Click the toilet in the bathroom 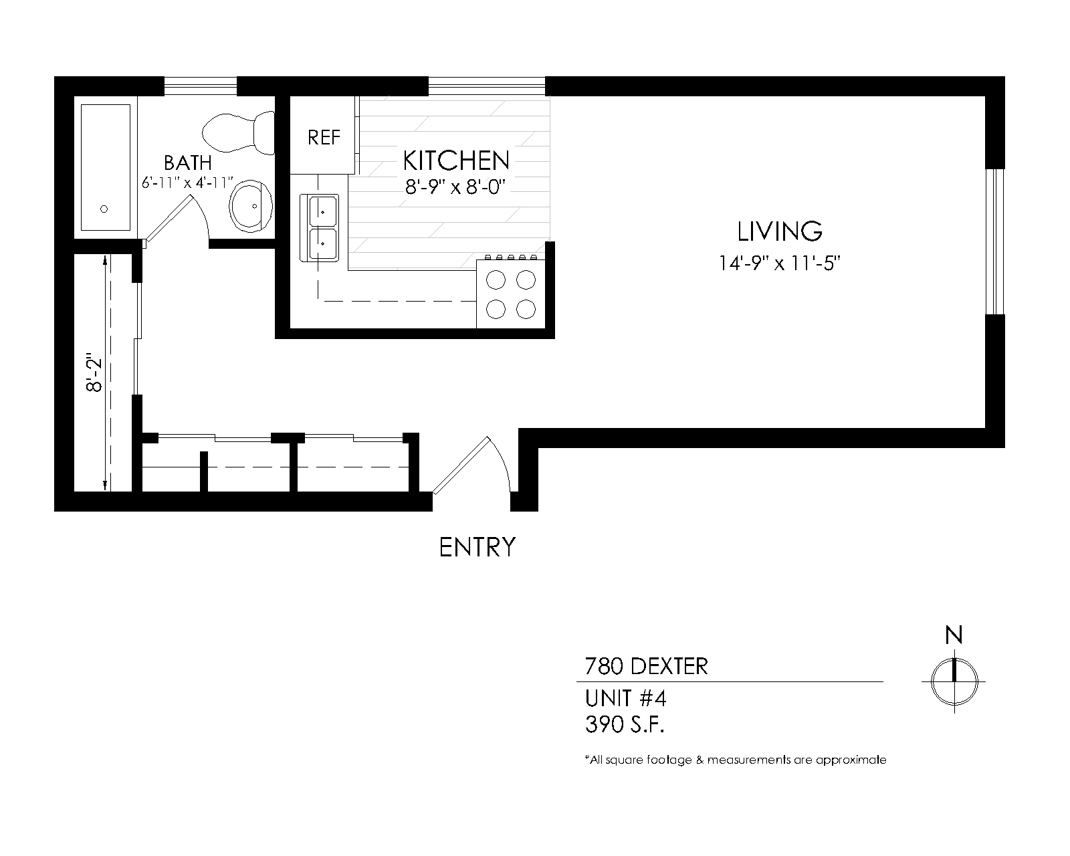[x=238, y=133]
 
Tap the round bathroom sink [x=251, y=206]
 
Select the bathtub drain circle [x=104, y=209]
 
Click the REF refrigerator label [x=324, y=138]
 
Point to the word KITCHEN [x=456, y=160]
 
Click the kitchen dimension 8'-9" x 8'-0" [x=455, y=187]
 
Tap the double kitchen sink [x=319, y=228]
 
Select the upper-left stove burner [x=496, y=280]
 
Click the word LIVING [x=779, y=231]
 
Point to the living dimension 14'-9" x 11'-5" [x=779, y=263]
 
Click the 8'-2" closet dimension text [x=94, y=372]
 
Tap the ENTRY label [x=477, y=547]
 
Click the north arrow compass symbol [x=954, y=681]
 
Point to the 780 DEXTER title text [x=646, y=667]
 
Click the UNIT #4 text [x=625, y=698]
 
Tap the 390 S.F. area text [x=625, y=725]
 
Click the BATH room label [x=188, y=163]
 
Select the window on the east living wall [x=995, y=241]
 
